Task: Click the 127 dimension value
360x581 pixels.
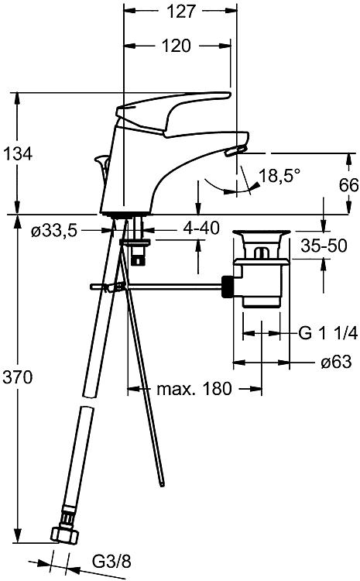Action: click(180, 12)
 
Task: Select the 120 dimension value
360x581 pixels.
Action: click(177, 46)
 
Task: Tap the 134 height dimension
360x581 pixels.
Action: click(17, 153)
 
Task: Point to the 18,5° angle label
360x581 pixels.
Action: click(279, 176)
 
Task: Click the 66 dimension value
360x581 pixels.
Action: click(348, 185)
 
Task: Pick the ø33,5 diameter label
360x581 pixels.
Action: click(54, 231)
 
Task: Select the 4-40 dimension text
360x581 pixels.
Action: click(201, 229)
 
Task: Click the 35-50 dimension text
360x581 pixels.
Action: click(324, 246)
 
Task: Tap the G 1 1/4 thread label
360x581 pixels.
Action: click(327, 334)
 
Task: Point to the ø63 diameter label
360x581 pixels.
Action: click(335, 362)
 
